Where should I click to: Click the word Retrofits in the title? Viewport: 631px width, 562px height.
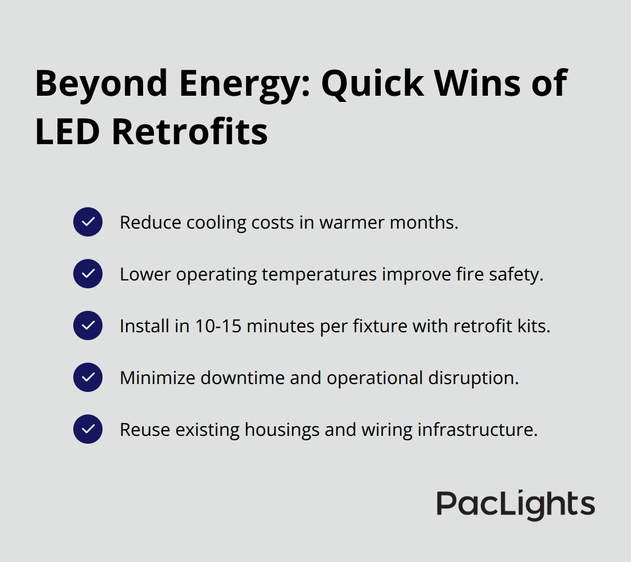[190, 133]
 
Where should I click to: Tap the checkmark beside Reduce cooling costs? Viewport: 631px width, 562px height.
[88, 222]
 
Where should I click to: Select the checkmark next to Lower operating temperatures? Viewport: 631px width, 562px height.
[88, 274]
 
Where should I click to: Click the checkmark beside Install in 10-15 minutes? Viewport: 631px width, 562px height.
[88, 325]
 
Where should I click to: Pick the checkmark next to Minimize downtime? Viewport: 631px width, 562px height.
[88, 377]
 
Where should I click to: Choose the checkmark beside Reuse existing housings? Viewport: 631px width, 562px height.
[88, 429]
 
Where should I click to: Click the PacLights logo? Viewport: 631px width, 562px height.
[516, 505]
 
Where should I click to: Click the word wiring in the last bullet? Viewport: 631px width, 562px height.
[386, 430]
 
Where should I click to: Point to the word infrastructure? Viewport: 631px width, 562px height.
[478, 430]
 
